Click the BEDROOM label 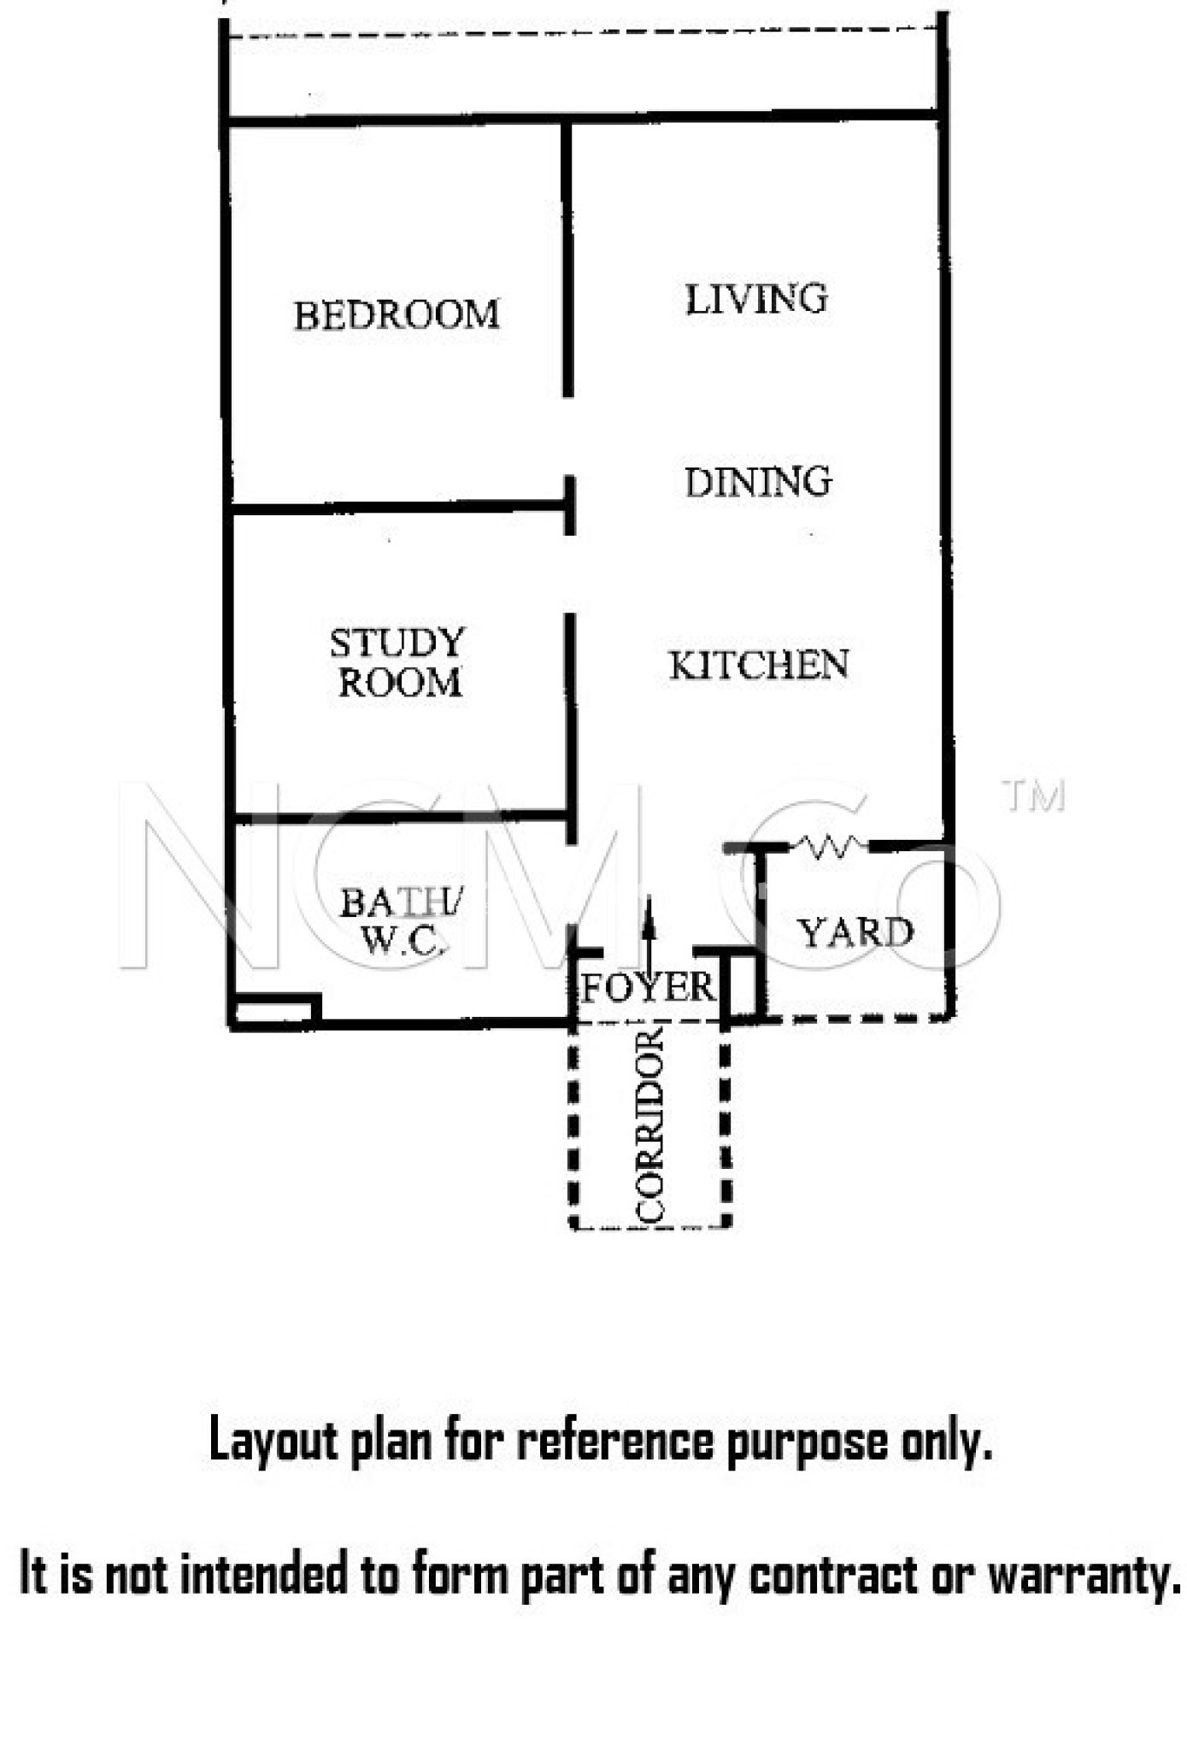397,315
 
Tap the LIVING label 756,299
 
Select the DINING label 758,482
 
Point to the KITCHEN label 759,666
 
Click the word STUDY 397,643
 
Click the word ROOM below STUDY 400,682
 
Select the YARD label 855,932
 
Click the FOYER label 647,988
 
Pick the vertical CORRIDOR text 650,1125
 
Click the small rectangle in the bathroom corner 275,1011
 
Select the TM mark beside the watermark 1033,796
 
